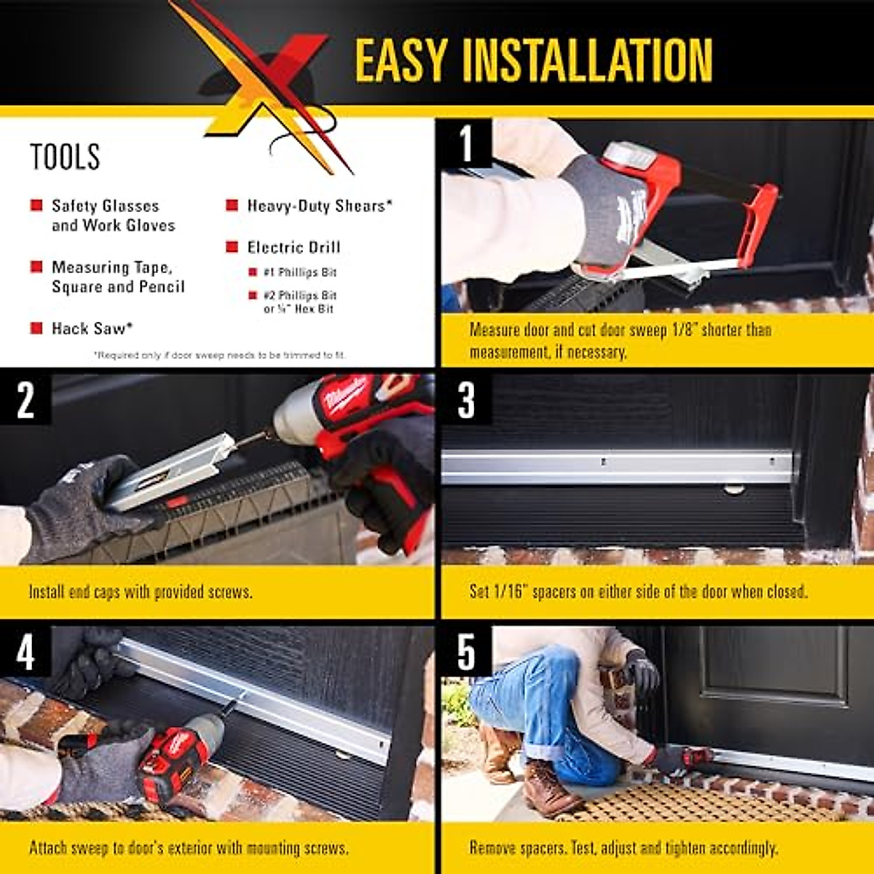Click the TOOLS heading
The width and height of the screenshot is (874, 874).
[x=65, y=157]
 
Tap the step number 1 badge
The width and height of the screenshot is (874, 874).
[x=466, y=143]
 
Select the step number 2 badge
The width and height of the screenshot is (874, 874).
[x=25, y=400]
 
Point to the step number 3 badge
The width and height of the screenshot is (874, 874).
[x=466, y=400]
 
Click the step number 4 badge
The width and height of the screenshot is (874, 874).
[x=25, y=653]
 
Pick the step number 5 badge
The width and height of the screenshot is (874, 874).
[x=466, y=653]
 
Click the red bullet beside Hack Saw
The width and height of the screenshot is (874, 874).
[x=36, y=328]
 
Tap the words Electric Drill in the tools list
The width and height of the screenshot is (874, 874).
[x=294, y=248]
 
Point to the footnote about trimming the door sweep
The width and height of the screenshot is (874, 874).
[x=219, y=355]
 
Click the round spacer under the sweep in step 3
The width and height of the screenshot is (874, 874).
[x=734, y=488]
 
